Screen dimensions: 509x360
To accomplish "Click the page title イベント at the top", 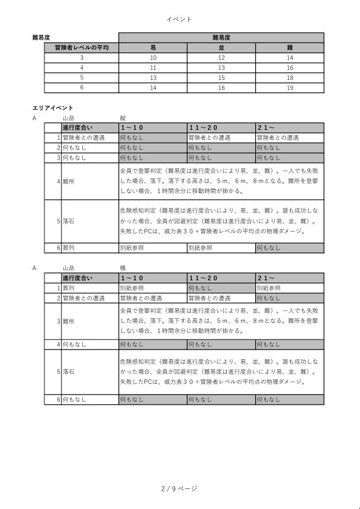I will [x=179, y=20].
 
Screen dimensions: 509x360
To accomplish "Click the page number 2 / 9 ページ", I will [x=179, y=489].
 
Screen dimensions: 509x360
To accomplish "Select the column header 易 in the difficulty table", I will [x=153, y=47].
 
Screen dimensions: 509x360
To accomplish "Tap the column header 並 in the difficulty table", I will [x=221, y=47].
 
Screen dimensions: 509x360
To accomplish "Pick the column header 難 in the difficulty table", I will [x=290, y=47].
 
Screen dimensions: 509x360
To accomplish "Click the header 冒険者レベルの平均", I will [x=82, y=47].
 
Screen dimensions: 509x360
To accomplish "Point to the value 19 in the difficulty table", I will [x=290, y=88].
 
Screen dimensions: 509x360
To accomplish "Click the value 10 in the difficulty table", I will [x=153, y=57].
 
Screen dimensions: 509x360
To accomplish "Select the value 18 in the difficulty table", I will [x=290, y=78].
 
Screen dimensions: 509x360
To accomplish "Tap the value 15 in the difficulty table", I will [x=221, y=78].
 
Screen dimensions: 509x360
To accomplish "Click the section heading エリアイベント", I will [x=53, y=108].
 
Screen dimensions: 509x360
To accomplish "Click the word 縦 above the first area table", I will [x=123, y=118].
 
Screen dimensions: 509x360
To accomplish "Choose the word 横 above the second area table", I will [x=123, y=268].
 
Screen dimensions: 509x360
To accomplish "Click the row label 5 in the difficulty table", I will [x=82, y=78].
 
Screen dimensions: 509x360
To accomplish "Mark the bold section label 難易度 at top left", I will [x=40, y=37].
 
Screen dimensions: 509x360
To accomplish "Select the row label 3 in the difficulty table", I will [x=82, y=57].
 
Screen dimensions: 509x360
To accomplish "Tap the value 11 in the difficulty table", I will [x=153, y=68].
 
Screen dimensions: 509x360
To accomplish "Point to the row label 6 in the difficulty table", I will [x=82, y=88].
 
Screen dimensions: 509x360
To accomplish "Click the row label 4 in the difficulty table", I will [x=82, y=68].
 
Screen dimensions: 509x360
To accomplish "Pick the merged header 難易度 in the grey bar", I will [x=221, y=37].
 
